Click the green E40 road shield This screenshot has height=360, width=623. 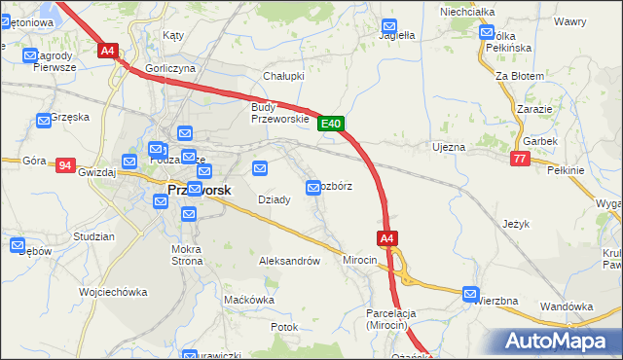click(x=331, y=124)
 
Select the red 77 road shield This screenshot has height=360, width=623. click(x=519, y=159)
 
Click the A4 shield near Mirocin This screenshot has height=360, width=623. click(x=386, y=237)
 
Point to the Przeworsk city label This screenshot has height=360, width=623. click(x=200, y=191)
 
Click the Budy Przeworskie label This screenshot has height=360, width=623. click(x=279, y=113)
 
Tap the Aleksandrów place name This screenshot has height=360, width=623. click(x=289, y=261)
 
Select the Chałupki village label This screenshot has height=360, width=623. click(x=284, y=76)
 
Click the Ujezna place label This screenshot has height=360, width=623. click(x=449, y=147)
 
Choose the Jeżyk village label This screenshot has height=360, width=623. click(x=516, y=224)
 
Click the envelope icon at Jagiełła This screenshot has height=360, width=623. click(x=389, y=26)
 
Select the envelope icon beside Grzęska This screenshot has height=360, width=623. click(x=44, y=121)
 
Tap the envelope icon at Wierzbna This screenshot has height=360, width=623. click(x=471, y=294)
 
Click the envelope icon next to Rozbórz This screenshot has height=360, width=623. click(x=313, y=187)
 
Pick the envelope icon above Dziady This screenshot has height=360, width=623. click(x=260, y=168)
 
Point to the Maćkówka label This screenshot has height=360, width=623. click(x=249, y=300)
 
